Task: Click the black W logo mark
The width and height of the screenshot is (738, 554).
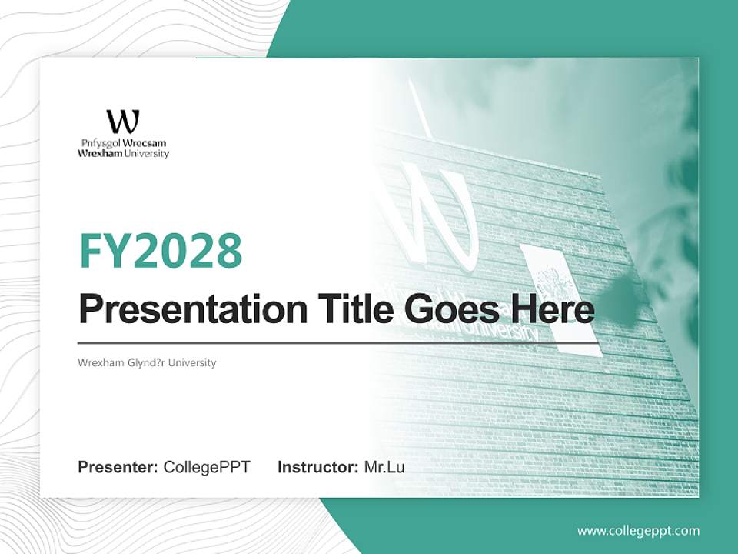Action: click(123, 122)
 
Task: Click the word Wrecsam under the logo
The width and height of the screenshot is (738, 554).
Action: click(145, 144)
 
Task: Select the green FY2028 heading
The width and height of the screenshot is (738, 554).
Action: click(161, 250)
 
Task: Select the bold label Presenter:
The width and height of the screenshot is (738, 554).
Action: click(118, 467)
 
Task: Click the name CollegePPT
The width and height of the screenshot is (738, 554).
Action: click(207, 467)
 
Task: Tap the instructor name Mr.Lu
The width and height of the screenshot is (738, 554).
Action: click(384, 467)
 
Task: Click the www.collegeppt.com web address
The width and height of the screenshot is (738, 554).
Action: click(638, 531)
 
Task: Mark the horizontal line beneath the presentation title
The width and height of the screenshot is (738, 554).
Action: click(338, 342)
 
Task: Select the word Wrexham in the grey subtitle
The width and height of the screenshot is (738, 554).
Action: click(96, 362)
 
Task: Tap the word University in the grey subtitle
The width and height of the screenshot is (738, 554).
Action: click(197, 362)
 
